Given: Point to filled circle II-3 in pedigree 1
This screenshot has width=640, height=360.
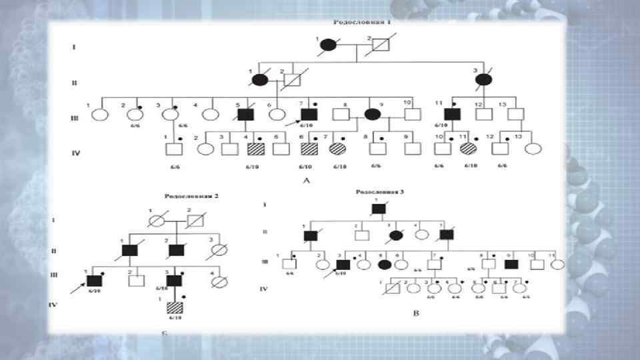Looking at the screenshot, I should click(x=484, y=81).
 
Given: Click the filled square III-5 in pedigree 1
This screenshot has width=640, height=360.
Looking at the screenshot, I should click(x=247, y=114).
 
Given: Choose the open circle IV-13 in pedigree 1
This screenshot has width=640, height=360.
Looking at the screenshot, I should click(x=531, y=148).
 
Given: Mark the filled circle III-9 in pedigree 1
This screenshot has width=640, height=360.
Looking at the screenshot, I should click(x=373, y=114).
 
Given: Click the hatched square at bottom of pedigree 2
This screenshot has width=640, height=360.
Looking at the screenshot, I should click(x=175, y=309).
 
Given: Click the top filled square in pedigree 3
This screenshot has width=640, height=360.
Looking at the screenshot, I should click(x=379, y=209).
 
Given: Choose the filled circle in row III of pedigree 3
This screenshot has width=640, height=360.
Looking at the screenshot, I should click(x=384, y=264).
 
